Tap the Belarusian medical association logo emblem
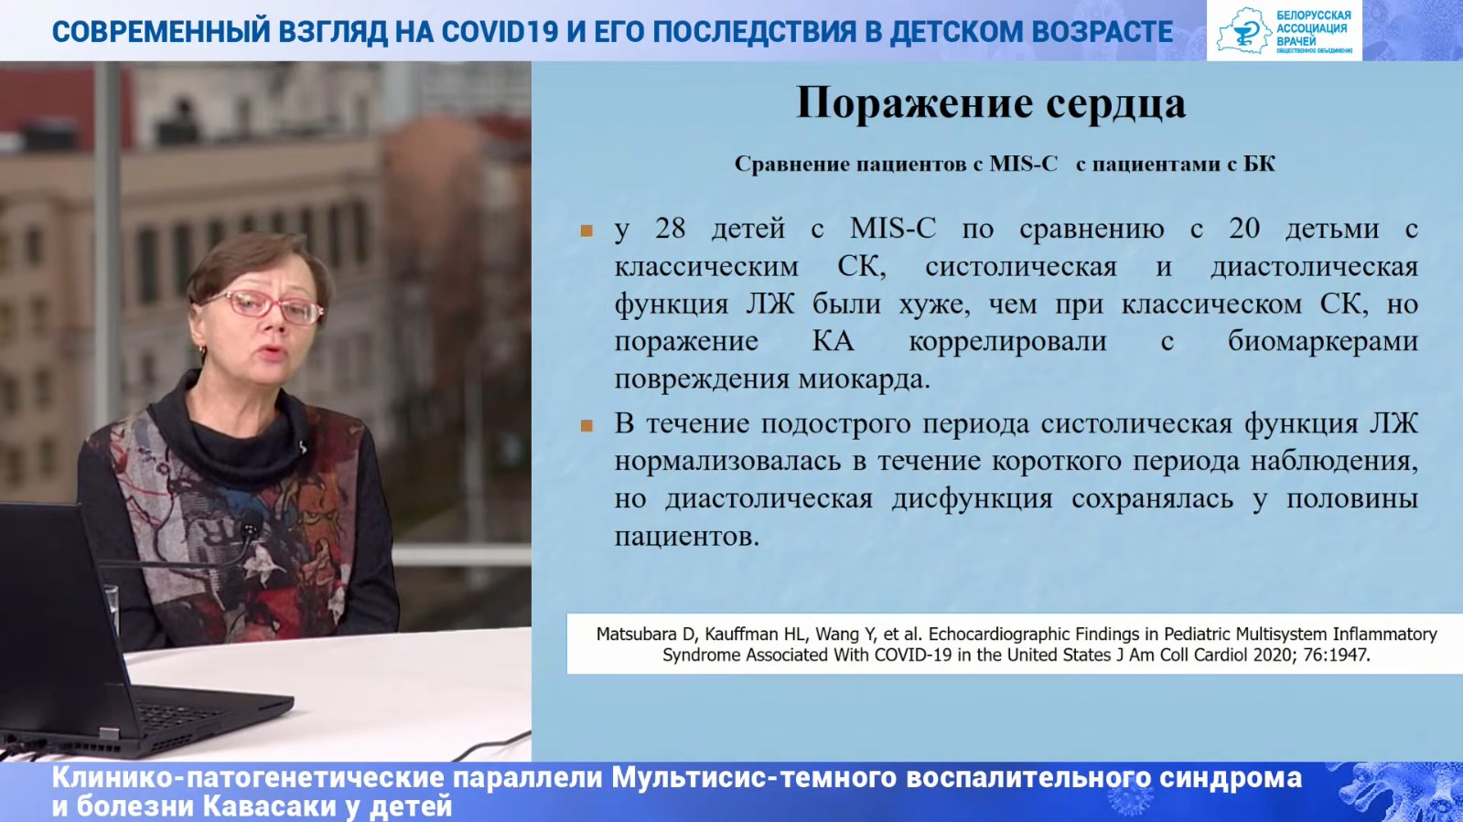click(1242, 30)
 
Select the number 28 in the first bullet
click(670, 229)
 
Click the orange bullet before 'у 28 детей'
click(586, 230)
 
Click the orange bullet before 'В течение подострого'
click(586, 426)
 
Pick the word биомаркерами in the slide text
click(1323, 341)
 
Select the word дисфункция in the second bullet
click(973, 499)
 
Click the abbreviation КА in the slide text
click(833, 341)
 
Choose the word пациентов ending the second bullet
click(686, 537)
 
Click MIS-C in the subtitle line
click(1023, 164)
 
